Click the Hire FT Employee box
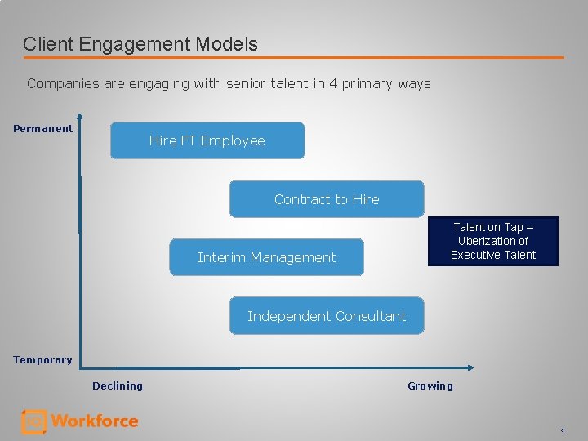pos(207,140)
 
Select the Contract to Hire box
pos(327,199)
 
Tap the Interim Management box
pos(266,257)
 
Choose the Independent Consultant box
pos(327,316)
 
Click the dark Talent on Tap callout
pos(493,241)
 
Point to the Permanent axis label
pos(42,128)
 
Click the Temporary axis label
pos(42,359)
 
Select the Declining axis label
pos(118,385)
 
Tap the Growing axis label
pos(430,385)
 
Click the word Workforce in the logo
pos(95,421)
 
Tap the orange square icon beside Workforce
pos(33,421)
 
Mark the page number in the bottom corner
pos(562,430)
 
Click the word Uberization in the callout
pos(493,241)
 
